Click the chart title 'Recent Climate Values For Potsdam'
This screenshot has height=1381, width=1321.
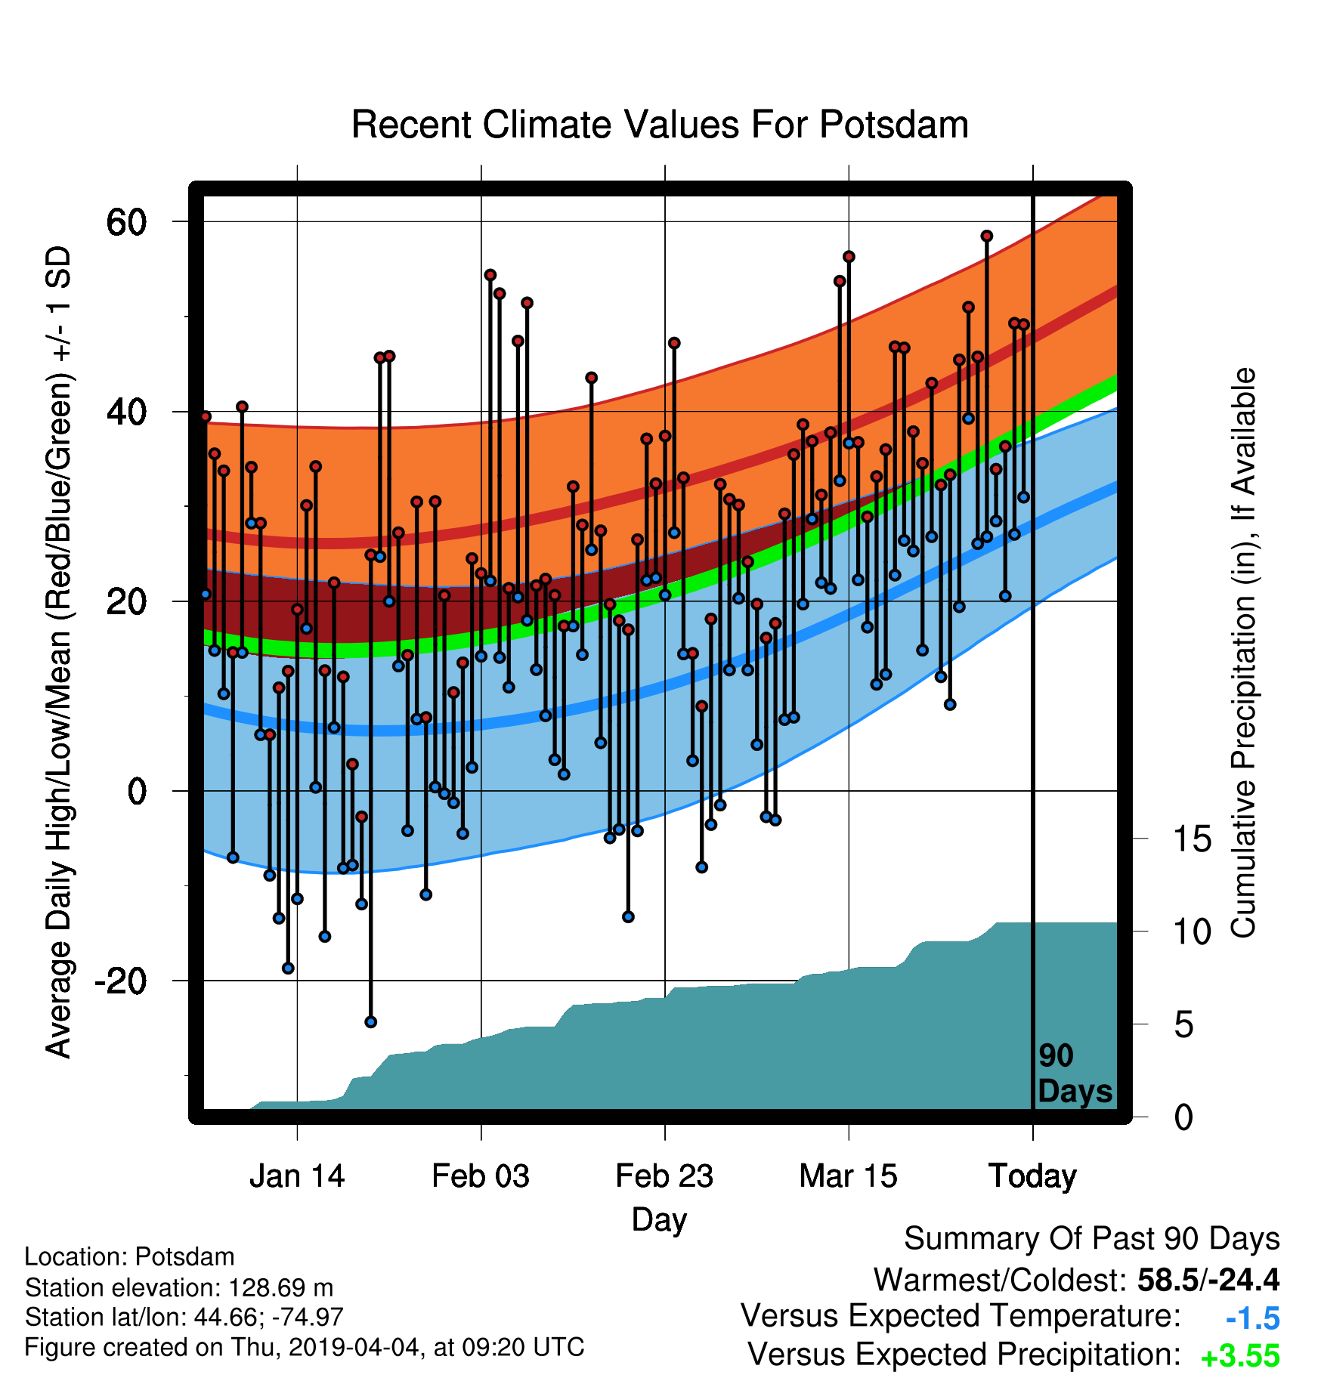(660, 125)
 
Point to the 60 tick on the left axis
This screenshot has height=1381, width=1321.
(126, 222)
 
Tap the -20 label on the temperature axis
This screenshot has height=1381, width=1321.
(120, 981)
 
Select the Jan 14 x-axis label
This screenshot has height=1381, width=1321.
(297, 1176)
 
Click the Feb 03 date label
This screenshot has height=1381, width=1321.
(481, 1176)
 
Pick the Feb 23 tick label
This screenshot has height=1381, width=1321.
(664, 1176)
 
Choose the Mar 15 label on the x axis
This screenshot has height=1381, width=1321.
(848, 1176)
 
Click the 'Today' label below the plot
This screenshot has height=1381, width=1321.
(1032, 1176)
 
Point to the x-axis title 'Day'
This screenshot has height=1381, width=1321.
(660, 1220)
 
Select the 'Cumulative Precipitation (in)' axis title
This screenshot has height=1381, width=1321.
(1243, 653)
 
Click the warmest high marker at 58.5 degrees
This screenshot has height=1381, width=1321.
(986, 236)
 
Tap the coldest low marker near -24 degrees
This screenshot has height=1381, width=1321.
(370, 1022)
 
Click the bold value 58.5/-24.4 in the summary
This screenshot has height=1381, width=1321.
(1208, 1280)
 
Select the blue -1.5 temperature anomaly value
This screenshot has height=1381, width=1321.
(1253, 1318)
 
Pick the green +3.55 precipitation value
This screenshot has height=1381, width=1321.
(1240, 1357)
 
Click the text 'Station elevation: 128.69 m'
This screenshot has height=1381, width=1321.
(179, 1287)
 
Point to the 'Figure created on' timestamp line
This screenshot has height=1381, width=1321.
(305, 1347)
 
